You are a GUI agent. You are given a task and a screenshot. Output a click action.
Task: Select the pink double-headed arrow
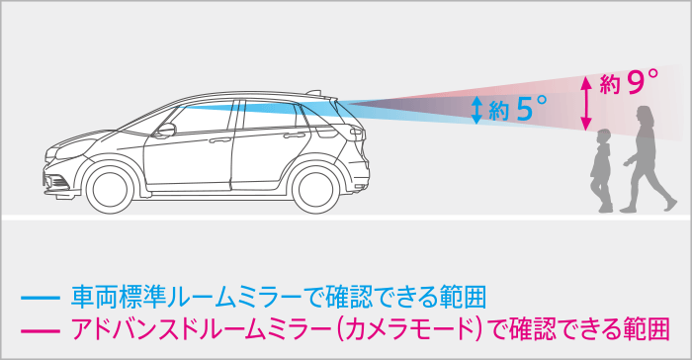tap(587, 102)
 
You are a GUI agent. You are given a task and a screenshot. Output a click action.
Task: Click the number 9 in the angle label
tap(634, 82)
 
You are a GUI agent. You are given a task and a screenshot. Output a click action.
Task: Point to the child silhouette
tap(601, 173)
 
